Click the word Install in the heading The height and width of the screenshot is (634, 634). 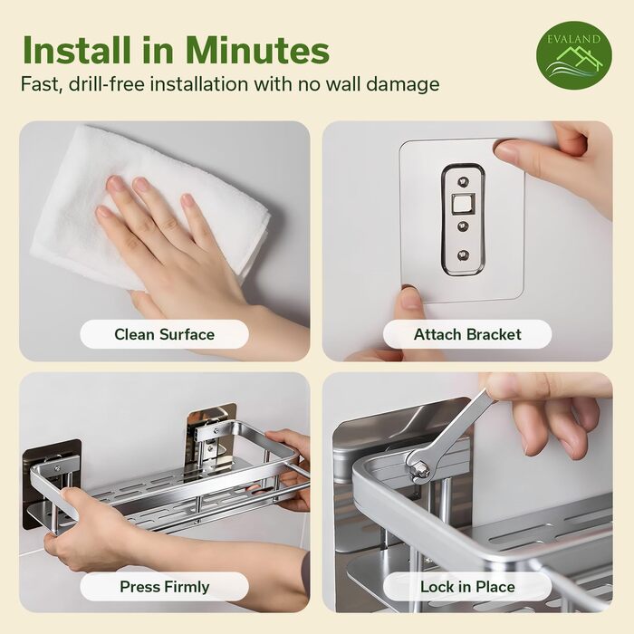click(x=76, y=51)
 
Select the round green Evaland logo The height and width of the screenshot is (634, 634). click(x=573, y=55)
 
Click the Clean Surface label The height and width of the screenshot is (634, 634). click(x=164, y=334)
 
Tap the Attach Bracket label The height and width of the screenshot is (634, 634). click(x=467, y=334)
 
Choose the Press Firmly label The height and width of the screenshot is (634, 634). click(x=164, y=587)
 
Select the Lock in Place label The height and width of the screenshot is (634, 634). click(x=467, y=587)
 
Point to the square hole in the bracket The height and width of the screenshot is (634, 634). click(x=463, y=204)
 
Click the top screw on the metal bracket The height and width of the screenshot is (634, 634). click(x=464, y=180)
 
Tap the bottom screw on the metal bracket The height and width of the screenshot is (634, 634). click(x=464, y=255)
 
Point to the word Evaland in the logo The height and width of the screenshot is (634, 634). click(x=573, y=39)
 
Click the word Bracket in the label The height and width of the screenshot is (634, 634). click(x=494, y=334)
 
